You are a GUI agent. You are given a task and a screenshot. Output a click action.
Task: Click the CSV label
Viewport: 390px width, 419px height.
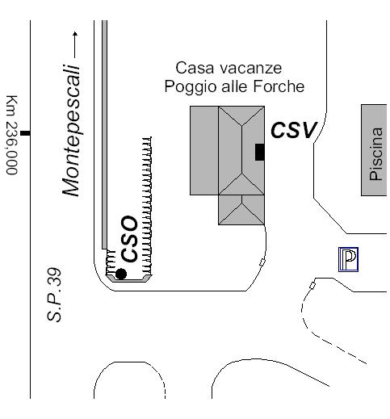(294, 130)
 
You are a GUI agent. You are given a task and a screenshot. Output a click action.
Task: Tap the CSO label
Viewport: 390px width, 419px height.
(129, 239)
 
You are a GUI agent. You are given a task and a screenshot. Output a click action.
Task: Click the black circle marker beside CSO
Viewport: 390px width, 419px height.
(121, 274)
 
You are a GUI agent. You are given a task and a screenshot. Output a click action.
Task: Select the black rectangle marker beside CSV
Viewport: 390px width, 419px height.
(260, 152)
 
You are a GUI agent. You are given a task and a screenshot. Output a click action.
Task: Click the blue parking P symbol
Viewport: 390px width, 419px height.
(348, 259)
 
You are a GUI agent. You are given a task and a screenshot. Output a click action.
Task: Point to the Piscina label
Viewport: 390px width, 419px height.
(376, 154)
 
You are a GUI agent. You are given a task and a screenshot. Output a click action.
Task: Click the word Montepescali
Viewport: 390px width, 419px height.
(71, 131)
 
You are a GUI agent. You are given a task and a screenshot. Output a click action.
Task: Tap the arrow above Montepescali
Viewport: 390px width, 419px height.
(75, 44)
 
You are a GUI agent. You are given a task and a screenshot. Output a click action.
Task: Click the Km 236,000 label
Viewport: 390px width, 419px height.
(12, 135)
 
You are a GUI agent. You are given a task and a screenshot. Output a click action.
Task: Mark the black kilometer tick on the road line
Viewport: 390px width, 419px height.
(25, 133)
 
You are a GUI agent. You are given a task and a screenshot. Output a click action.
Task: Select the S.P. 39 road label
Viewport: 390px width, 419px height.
(54, 295)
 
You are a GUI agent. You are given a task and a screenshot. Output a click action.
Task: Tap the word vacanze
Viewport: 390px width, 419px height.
(250, 68)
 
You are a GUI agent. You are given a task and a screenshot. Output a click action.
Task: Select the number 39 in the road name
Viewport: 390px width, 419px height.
(54, 277)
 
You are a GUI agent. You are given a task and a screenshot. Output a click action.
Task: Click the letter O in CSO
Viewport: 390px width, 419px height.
(129, 224)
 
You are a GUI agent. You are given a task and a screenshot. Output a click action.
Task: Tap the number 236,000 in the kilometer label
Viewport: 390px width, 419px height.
(12, 149)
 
